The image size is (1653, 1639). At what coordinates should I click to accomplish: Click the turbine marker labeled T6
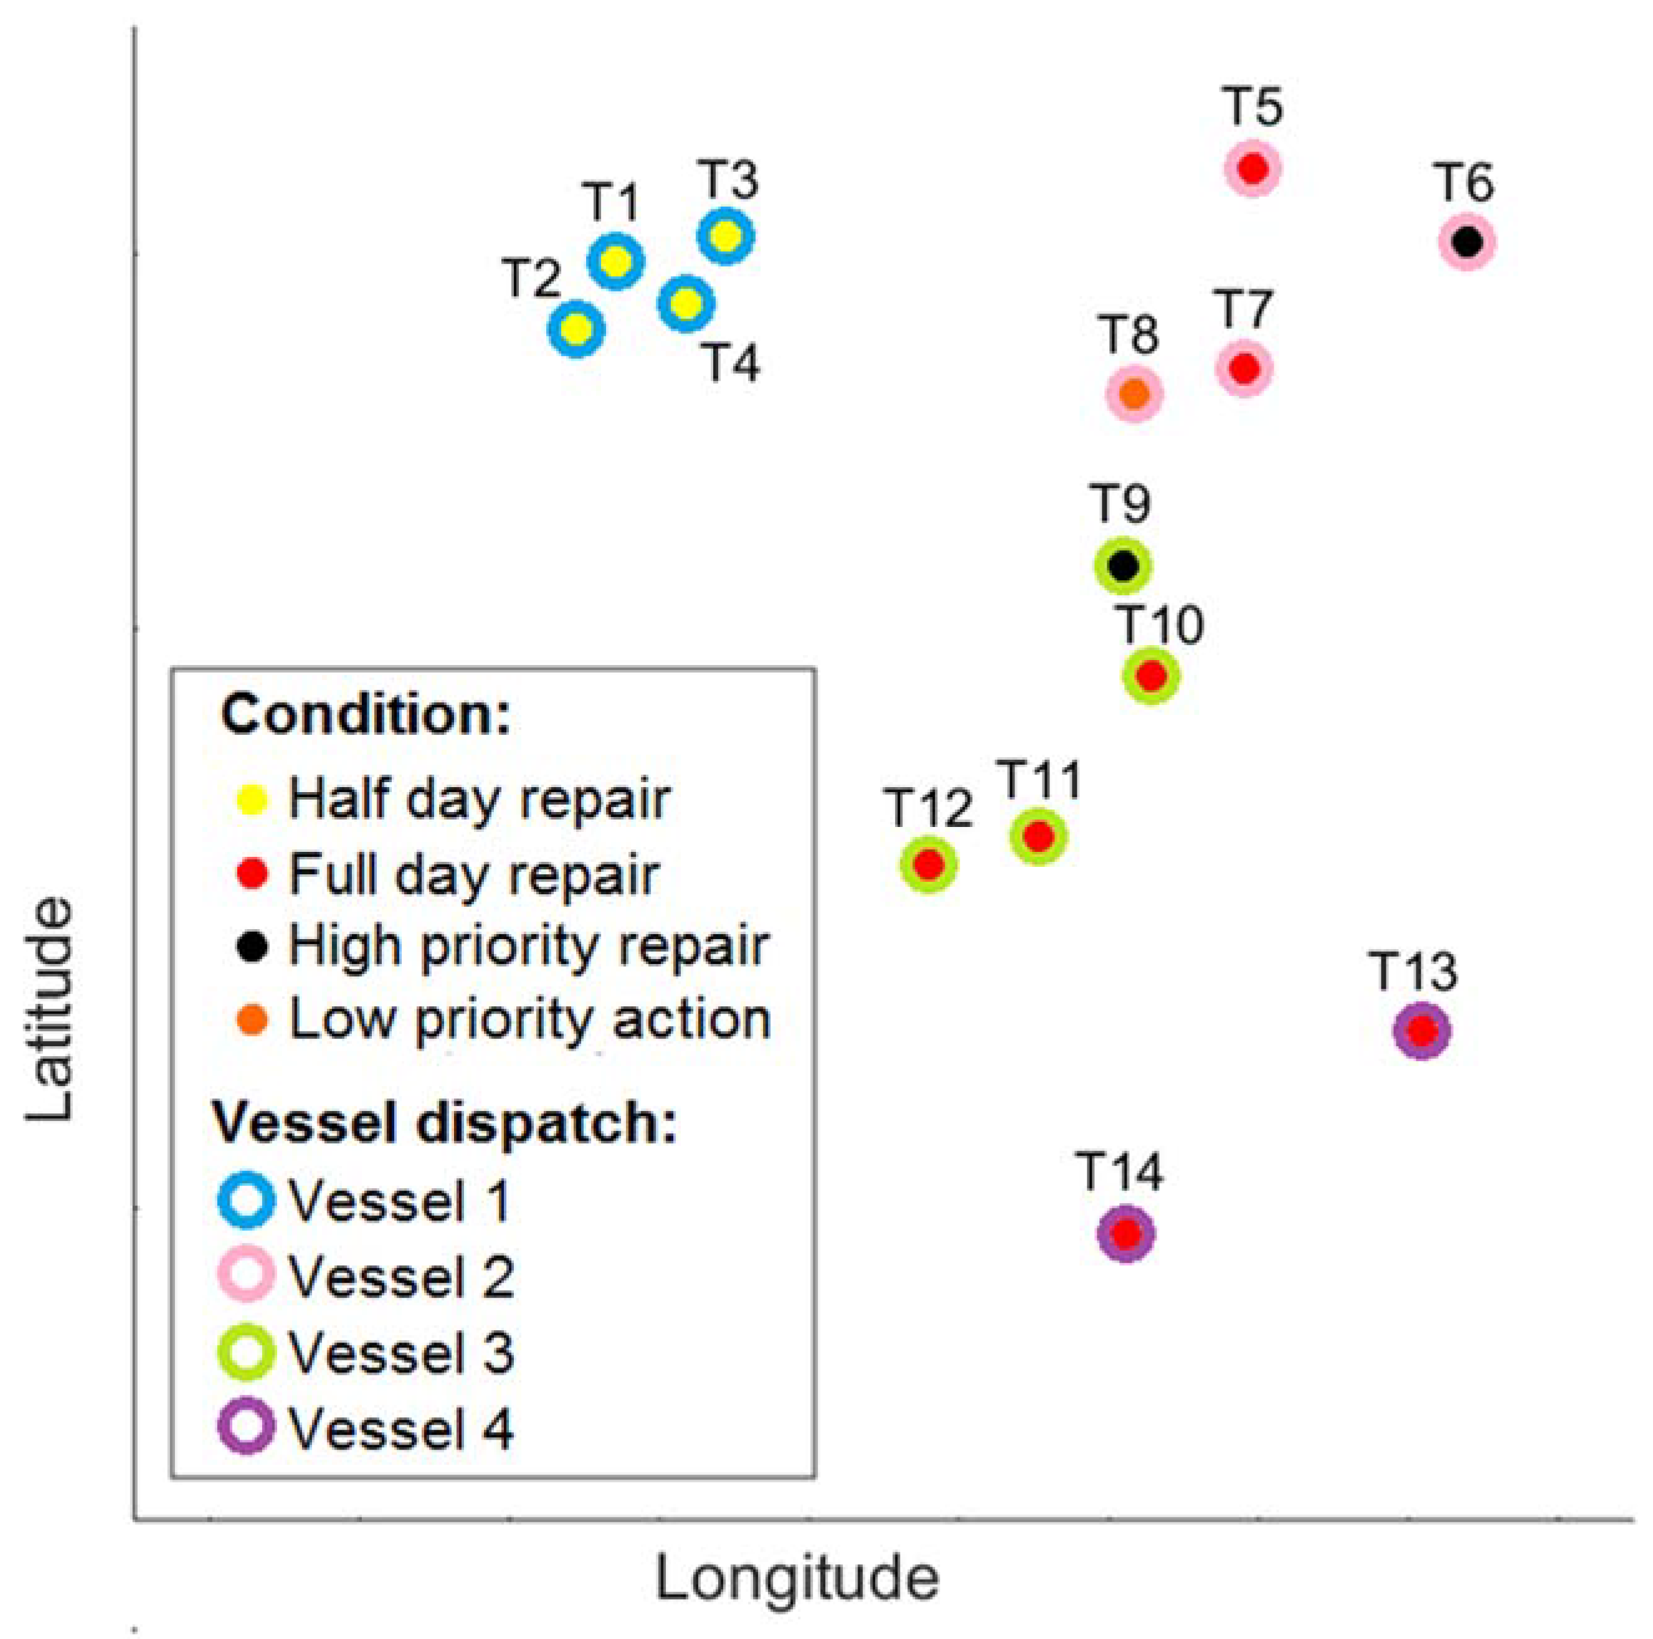click(1467, 242)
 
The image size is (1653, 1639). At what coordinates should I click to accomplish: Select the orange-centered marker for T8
click(1134, 394)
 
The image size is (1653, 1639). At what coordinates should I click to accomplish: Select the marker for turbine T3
click(726, 236)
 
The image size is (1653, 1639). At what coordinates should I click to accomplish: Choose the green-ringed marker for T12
click(928, 865)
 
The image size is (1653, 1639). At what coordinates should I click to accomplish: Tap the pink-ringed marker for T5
click(1253, 169)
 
